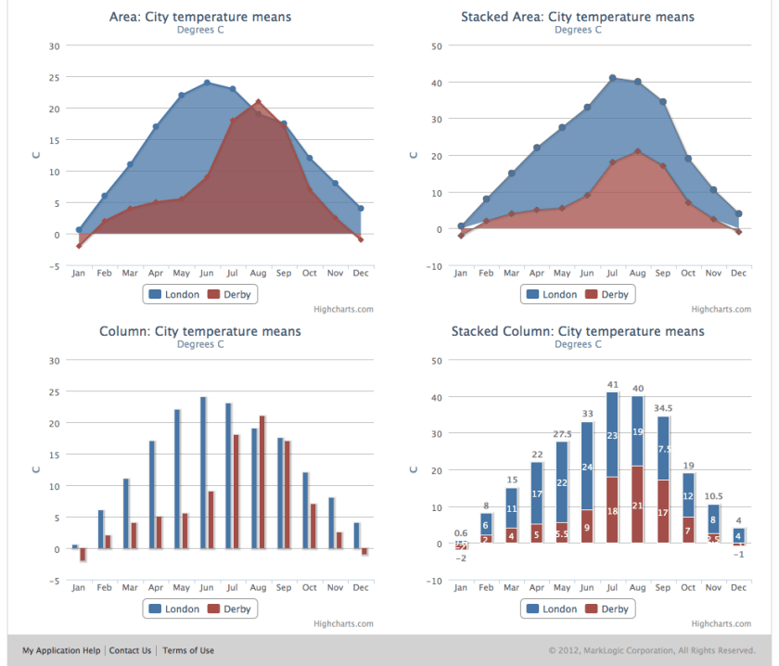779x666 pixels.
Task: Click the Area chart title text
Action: pyautogui.click(x=200, y=17)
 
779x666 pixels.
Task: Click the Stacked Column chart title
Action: pyautogui.click(x=577, y=331)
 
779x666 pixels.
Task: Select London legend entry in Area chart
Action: pyautogui.click(x=174, y=294)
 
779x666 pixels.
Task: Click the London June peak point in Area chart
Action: pyautogui.click(x=207, y=83)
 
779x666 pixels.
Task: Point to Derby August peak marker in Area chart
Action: pyautogui.click(x=258, y=102)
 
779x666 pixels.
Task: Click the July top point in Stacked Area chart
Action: pyautogui.click(x=612, y=78)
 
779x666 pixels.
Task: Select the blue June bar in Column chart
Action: pyautogui.click(x=203, y=473)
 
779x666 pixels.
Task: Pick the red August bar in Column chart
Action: pyautogui.click(x=262, y=482)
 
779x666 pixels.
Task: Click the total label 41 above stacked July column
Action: pyautogui.click(x=612, y=384)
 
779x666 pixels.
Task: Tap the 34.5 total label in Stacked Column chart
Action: pyautogui.click(x=663, y=407)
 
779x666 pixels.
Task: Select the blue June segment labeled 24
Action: pyautogui.click(x=586, y=466)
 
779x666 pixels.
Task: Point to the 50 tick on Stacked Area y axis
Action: pyautogui.click(x=437, y=45)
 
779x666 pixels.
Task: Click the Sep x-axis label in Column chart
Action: pyautogui.click(x=283, y=587)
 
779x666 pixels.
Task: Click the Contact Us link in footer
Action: pyautogui.click(x=130, y=650)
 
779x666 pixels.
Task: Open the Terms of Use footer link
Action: pyautogui.click(x=188, y=650)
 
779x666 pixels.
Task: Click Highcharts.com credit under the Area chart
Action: pyautogui.click(x=343, y=309)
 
